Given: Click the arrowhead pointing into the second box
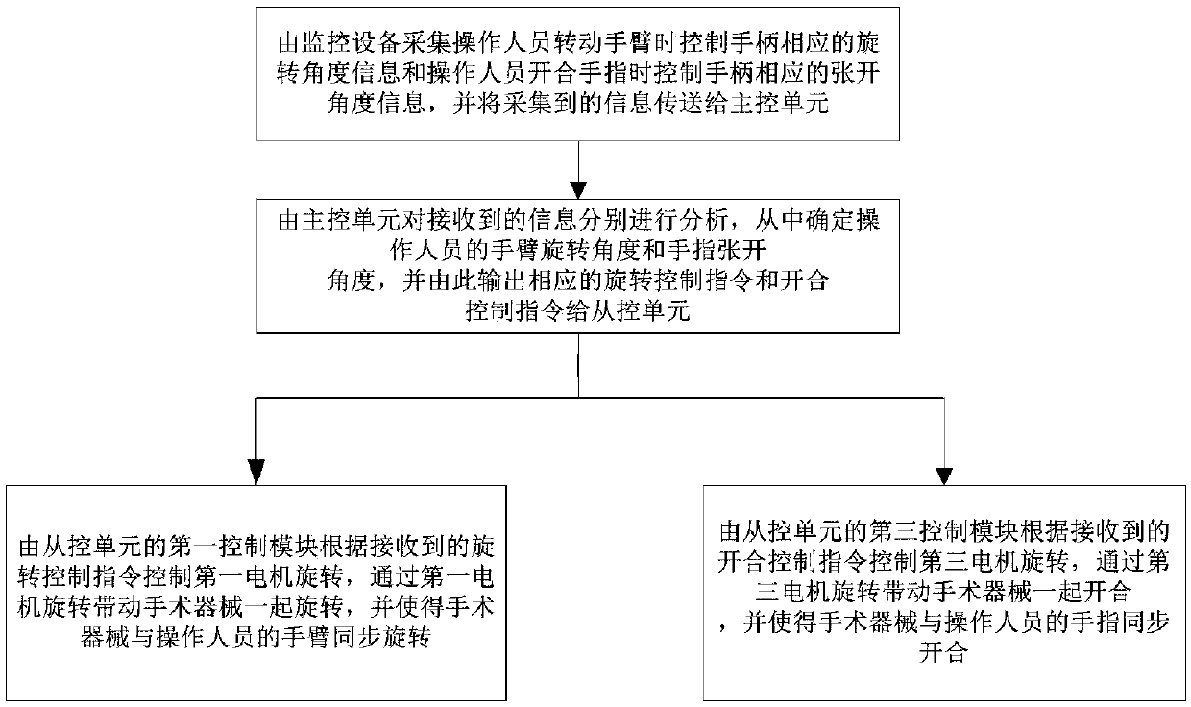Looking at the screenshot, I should (577, 187).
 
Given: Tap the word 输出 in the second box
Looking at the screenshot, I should (515, 282).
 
